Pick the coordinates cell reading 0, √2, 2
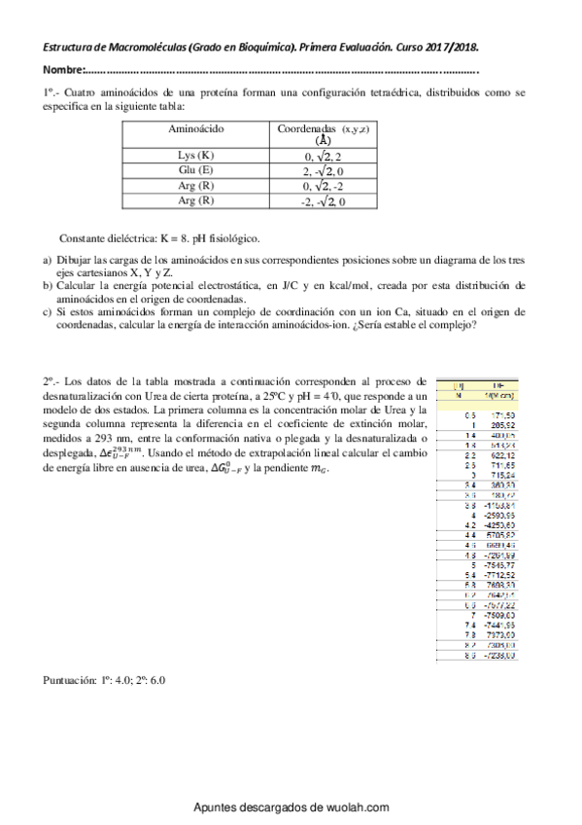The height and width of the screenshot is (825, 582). [324, 156]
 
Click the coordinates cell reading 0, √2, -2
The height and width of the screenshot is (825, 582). [324, 185]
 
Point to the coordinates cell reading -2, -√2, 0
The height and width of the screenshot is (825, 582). [324, 200]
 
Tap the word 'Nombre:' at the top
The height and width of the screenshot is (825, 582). [63, 71]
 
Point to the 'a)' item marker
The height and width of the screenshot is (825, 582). [48, 260]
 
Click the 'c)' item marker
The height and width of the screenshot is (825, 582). [48, 312]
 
